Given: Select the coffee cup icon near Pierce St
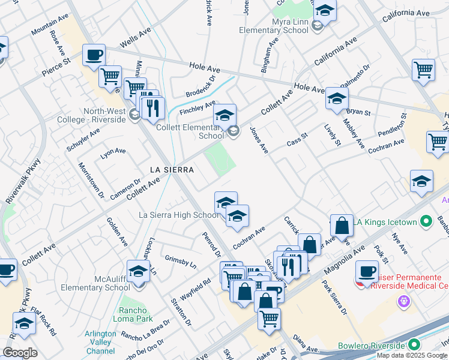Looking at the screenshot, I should click(94, 55).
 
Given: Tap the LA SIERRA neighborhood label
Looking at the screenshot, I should click(172, 170).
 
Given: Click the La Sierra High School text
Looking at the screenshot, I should click(178, 215).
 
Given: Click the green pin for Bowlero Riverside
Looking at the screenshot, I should click(414, 345).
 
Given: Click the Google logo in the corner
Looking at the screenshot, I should click(20, 353).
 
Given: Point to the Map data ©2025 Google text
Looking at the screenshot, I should click(411, 355).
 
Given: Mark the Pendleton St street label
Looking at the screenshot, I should click(393, 124).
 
